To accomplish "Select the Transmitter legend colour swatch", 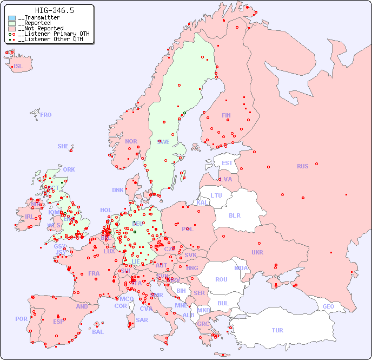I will (12, 18).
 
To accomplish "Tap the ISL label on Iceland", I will (18, 67).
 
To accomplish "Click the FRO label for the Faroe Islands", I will (46, 115).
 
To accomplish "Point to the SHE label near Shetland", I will (63, 146).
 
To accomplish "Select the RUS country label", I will (302, 166).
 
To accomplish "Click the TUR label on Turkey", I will (277, 330).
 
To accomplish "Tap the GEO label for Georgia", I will (328, 306).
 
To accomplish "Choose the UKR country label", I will (257, 252).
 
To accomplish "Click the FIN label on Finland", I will (226, 115).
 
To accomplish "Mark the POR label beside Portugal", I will (21, 319).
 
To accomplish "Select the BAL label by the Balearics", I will (98, 332).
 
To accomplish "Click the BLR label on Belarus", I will (235, 215).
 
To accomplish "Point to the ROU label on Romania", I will (221, 279).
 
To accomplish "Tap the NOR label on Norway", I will (131, 141).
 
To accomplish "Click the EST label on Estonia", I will (227, 163).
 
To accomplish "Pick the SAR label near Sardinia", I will (142, 320).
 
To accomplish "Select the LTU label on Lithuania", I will (216, 195).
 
